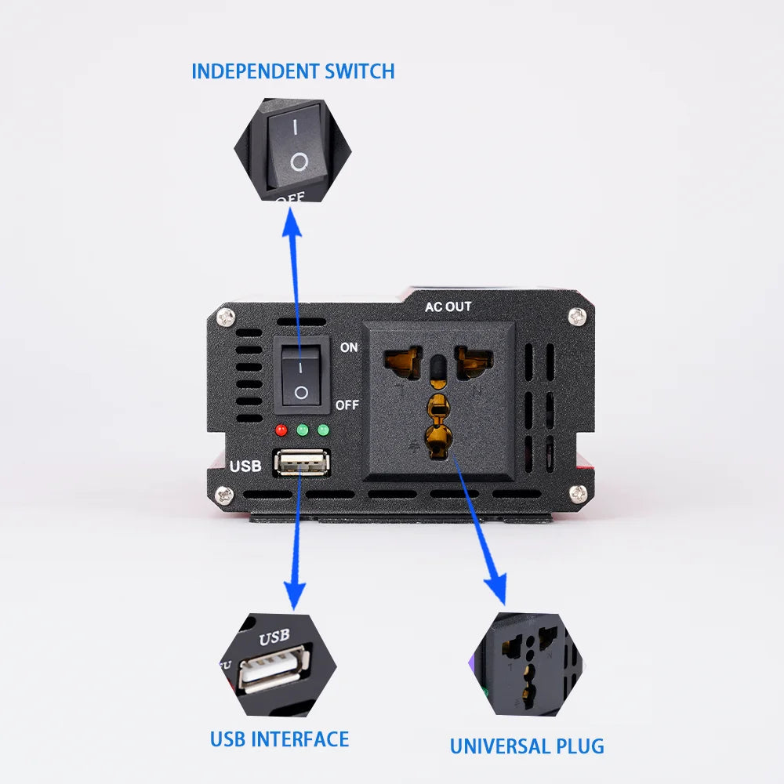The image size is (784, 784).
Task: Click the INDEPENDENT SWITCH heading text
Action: click(292, 71)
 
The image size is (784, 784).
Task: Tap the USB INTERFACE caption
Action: click(279, 739)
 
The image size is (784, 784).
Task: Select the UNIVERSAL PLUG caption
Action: click(527, 746)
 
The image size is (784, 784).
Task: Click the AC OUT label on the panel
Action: click(448, 307)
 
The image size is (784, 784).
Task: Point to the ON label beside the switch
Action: click(349, 347)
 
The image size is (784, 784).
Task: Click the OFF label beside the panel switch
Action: click(347, 405)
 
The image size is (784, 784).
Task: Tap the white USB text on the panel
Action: click(245, 466)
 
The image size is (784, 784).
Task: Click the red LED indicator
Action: click(281, 430)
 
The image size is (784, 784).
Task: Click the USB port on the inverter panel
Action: click(300, 464)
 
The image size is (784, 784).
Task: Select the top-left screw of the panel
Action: click(227, 318)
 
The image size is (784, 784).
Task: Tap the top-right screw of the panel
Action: click(578, 316)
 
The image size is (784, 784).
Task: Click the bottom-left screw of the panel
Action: click(227, 495)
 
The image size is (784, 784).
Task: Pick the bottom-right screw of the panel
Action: click(578, 493)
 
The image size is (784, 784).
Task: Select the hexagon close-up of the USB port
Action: click(275, 665)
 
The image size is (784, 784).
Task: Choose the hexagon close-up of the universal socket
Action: click(526, 665)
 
